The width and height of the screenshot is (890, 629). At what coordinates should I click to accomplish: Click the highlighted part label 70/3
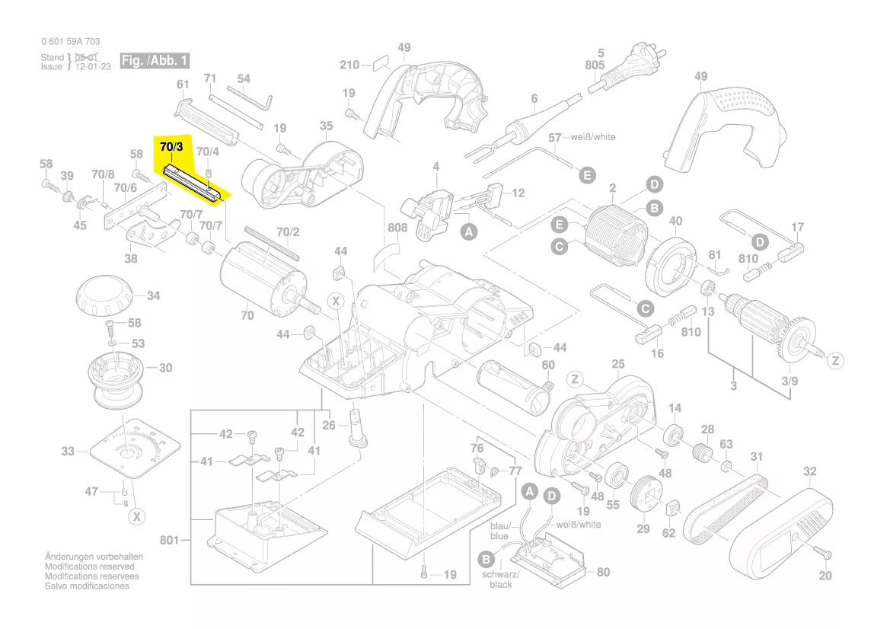(x=172, y=145)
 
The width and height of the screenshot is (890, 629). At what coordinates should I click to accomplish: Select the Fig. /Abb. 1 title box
(x=155, y=61)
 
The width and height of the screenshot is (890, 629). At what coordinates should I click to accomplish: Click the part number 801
(x=169, y=541)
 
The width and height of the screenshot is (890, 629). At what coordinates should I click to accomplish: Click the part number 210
(x=349, y=65)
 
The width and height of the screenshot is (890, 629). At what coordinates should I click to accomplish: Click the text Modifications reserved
(x=89, y=567)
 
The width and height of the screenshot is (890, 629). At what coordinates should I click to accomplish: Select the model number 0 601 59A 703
(x=70, y=42)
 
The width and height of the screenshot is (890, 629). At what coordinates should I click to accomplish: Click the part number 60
(x=548, y=366)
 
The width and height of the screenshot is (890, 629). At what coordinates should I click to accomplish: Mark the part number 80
(x=603, y=572)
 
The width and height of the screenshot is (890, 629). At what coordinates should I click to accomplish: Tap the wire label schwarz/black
(x=500, y=579)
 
